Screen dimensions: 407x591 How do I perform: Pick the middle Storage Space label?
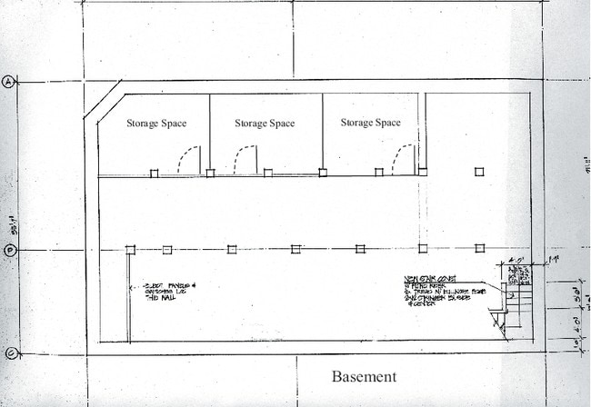pyautogui.click(x=265, y=124)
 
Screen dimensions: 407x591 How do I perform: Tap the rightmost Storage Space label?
pyautogui.click(x=370, y=123)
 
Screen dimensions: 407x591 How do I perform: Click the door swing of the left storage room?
pyautogui.click(x=188, y=160)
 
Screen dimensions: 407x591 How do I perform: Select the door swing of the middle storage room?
pyautogui.click(x=244, y=160)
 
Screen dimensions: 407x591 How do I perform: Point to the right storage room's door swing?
pyautogui.click(x=401, y=160)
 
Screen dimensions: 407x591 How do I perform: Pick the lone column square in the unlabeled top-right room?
pyautogui.click(x=479, y=172)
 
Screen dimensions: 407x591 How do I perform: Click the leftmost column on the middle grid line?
pyautogui.click(x=131, y=250)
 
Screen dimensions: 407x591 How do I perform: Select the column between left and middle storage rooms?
pyautogui.click(x=210, y=173)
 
